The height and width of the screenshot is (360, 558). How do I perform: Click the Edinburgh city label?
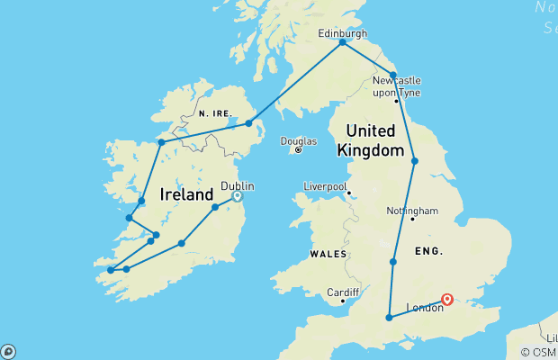click(343, 33)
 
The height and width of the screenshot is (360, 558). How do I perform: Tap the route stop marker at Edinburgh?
click(343, 42)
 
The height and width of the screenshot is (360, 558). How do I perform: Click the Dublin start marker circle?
click(238, 195)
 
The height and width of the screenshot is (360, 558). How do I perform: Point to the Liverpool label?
click(326, 186)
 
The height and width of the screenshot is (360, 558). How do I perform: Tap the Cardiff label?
click(343, 292)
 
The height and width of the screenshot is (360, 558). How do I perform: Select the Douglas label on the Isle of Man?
click(299, 141)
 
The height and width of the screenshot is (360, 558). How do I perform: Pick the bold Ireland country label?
click(185, 194)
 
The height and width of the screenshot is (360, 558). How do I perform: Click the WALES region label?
click(328, 255)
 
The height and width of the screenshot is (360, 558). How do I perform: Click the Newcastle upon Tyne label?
click(397, 85)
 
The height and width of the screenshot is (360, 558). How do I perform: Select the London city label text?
click(425, 308)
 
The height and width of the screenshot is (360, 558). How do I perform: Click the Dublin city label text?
click(238, 186)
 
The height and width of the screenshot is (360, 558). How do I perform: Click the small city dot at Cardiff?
click(343, 302)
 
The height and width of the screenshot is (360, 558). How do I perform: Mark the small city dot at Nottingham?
click(412, 219)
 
